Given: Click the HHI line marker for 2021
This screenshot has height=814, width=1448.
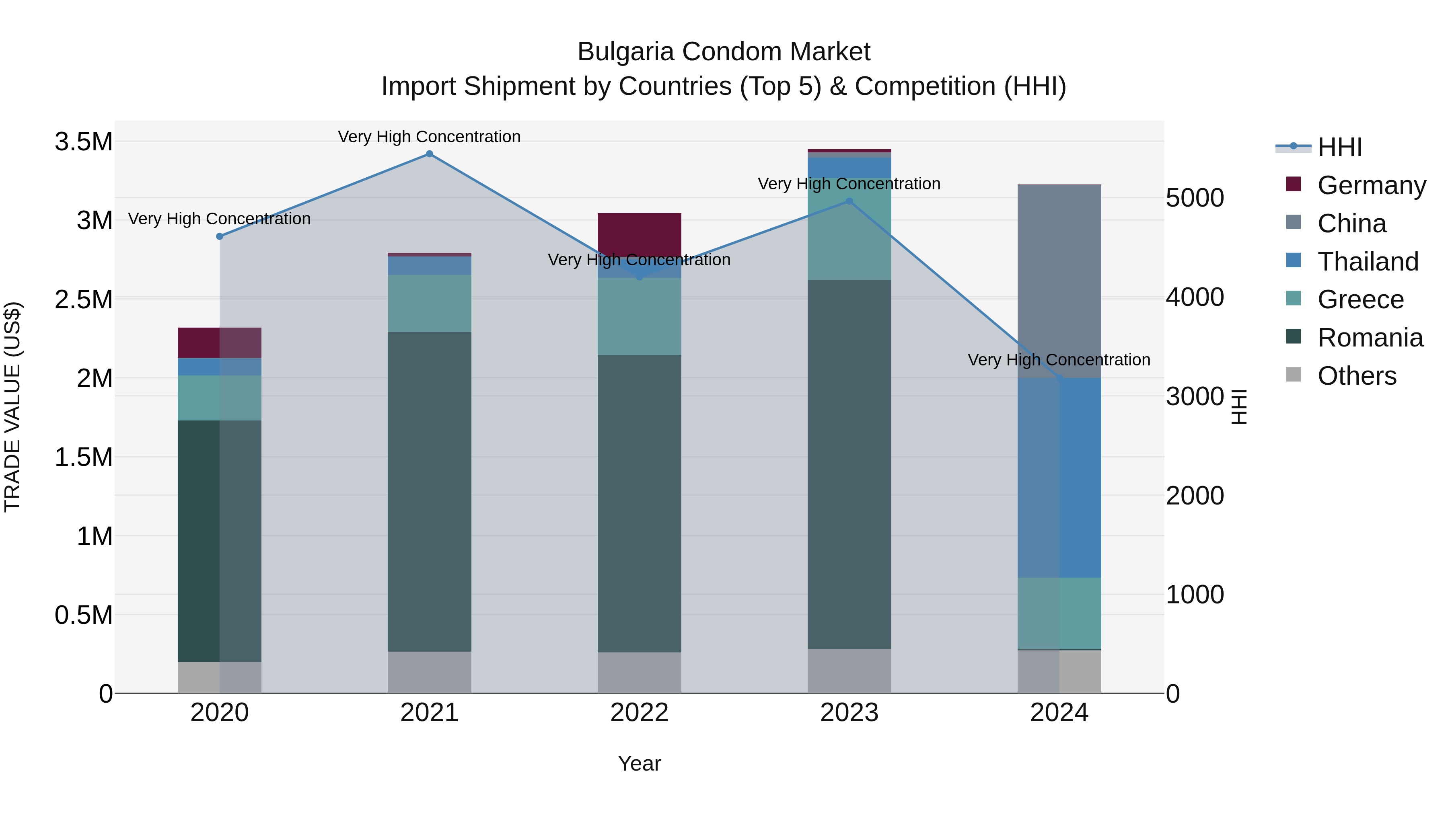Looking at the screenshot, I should (430, 154).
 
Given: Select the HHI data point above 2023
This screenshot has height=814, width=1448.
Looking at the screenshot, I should (849, 201).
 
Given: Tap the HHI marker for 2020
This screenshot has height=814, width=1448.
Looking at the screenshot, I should (220, 236).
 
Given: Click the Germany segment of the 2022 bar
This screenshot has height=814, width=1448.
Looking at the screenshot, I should (639, 233).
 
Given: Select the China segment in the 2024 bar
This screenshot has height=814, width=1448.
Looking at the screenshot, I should (1059, 281).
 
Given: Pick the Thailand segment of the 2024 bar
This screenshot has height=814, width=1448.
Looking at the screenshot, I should (1059, 478).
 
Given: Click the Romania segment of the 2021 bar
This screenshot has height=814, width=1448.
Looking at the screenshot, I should (430, 492).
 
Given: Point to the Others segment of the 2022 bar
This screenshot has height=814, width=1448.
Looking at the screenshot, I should (639, 673).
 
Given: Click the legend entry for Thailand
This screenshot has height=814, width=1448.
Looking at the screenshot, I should (1367, 262).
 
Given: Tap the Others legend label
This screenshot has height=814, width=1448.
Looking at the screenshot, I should (1356, 376).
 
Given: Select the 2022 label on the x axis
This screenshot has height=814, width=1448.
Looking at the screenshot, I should (639, 713).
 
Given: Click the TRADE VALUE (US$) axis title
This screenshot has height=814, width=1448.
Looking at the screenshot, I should (12, 407).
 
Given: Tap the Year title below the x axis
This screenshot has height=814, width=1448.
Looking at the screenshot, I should (639, 763).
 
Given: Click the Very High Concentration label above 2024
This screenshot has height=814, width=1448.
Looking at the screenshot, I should (1059, 359).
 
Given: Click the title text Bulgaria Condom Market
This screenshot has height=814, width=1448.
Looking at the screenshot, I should (724, 52).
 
